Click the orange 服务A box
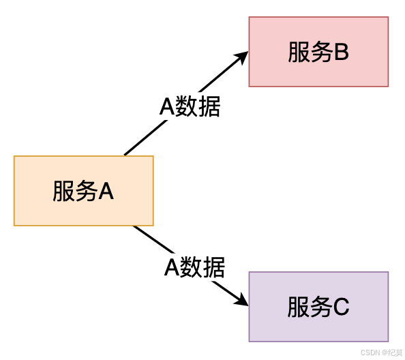[x=83, y=191]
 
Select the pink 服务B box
[x=318, y=52]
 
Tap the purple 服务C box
[x=318, y=307]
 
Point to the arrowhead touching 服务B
[x=242, y=57]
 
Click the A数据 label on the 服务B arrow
[x=190, y=107]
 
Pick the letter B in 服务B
[x=341, y=52]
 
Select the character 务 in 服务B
[x=319, y=52]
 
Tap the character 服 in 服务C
[x=298, y=307]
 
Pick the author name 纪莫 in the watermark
[x=394, y=352]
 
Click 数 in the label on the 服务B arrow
[x=187, y=107]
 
